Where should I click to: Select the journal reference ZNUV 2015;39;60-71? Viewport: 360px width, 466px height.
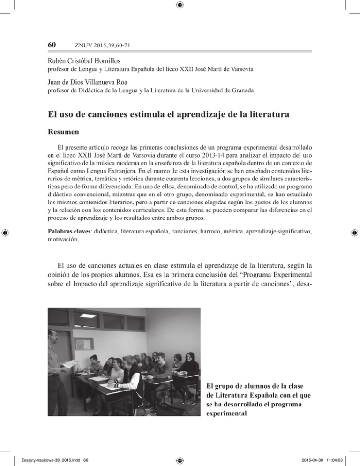click(97, 45)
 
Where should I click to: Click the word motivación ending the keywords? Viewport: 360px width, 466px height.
click(63, 239)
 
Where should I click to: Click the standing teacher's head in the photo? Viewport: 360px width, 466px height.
click(53, 338)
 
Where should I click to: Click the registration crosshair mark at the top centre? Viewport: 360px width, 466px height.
click(180, 5)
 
